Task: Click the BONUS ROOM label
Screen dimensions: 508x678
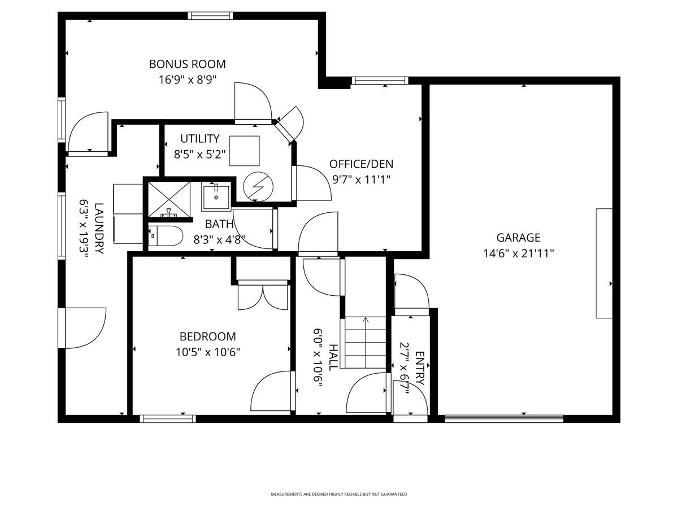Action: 187,64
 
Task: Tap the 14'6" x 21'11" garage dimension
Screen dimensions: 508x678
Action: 519,253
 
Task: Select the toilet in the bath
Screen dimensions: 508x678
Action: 166,236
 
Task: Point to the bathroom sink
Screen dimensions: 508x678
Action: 216,196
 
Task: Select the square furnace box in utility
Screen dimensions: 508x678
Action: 244,150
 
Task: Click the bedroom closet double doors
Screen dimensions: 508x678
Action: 263,296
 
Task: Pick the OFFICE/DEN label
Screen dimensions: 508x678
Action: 361,164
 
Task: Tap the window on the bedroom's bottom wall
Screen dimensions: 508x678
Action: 168,419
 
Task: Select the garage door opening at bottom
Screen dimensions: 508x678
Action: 503,419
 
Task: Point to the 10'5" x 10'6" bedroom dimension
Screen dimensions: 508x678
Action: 207,352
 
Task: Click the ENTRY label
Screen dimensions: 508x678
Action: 420,368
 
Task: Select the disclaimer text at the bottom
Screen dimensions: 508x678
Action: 338,494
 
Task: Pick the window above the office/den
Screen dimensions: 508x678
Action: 379,81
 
